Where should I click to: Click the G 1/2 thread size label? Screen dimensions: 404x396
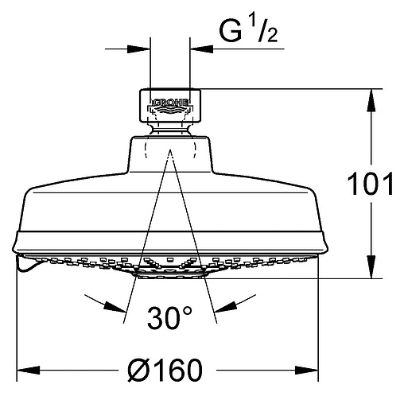click(249, 32)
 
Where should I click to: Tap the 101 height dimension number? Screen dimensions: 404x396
click(370, 184)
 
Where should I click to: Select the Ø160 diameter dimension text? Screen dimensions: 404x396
click(165, 370)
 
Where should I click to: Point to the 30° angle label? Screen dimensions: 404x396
click(169, 318)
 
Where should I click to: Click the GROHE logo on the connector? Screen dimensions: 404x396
click(171, 102)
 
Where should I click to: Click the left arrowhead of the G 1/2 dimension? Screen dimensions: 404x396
click(138, 49)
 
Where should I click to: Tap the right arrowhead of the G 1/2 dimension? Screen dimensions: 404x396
click(202, 49)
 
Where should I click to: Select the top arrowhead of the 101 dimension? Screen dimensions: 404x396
click(371, 100)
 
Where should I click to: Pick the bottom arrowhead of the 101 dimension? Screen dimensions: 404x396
click(371, 266)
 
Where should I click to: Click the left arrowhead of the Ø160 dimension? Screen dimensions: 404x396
click(29, 370)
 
